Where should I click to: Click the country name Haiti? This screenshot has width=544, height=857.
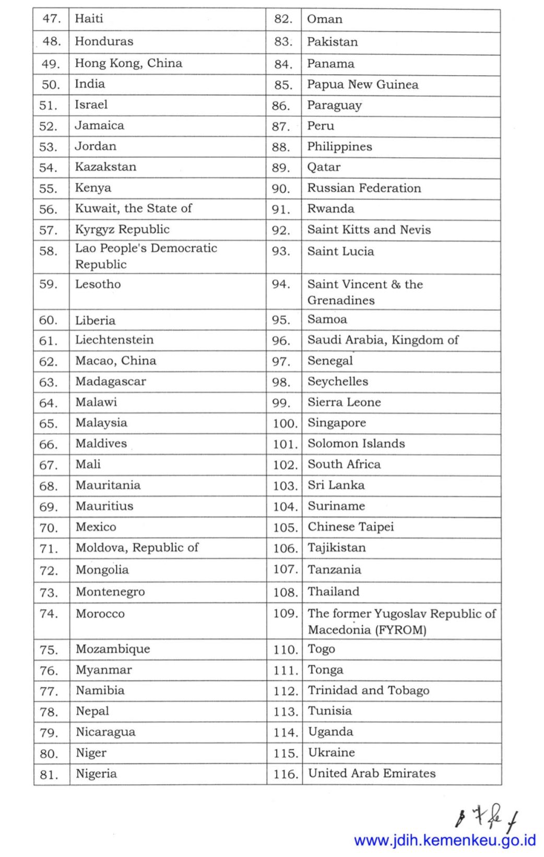[x=89, y=19]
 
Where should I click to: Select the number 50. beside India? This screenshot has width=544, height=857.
[x=51, y=85]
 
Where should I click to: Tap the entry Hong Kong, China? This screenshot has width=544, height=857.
[x=128, y=63]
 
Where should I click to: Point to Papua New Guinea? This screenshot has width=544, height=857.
[x=362, y=85]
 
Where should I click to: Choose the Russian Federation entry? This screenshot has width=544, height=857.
[x=364, y=188]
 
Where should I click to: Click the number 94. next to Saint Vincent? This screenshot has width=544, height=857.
[x=281, y=284]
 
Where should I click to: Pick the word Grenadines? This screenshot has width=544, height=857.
[x=341, y=300]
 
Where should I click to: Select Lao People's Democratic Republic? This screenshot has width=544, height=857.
[x=146, y=256]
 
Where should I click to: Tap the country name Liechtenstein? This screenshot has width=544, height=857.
[x=114, y=340]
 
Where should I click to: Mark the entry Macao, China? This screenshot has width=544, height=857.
[x=115, y=361]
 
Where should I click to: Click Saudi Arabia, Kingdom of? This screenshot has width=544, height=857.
[x=383, y=340]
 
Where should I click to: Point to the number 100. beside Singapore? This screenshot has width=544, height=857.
[x=285, y=423]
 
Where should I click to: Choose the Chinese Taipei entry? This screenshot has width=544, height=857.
[x=350, y=527]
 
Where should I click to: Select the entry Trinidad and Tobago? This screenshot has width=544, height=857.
[x=369, y=690]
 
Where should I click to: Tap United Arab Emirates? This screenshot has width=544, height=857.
[x=372, y=773]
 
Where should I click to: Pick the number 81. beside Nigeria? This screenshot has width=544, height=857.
[x=49, y=774]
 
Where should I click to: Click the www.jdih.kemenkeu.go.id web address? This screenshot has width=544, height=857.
[x=445, y=841]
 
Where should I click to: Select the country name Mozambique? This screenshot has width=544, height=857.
[x=113, y=649]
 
